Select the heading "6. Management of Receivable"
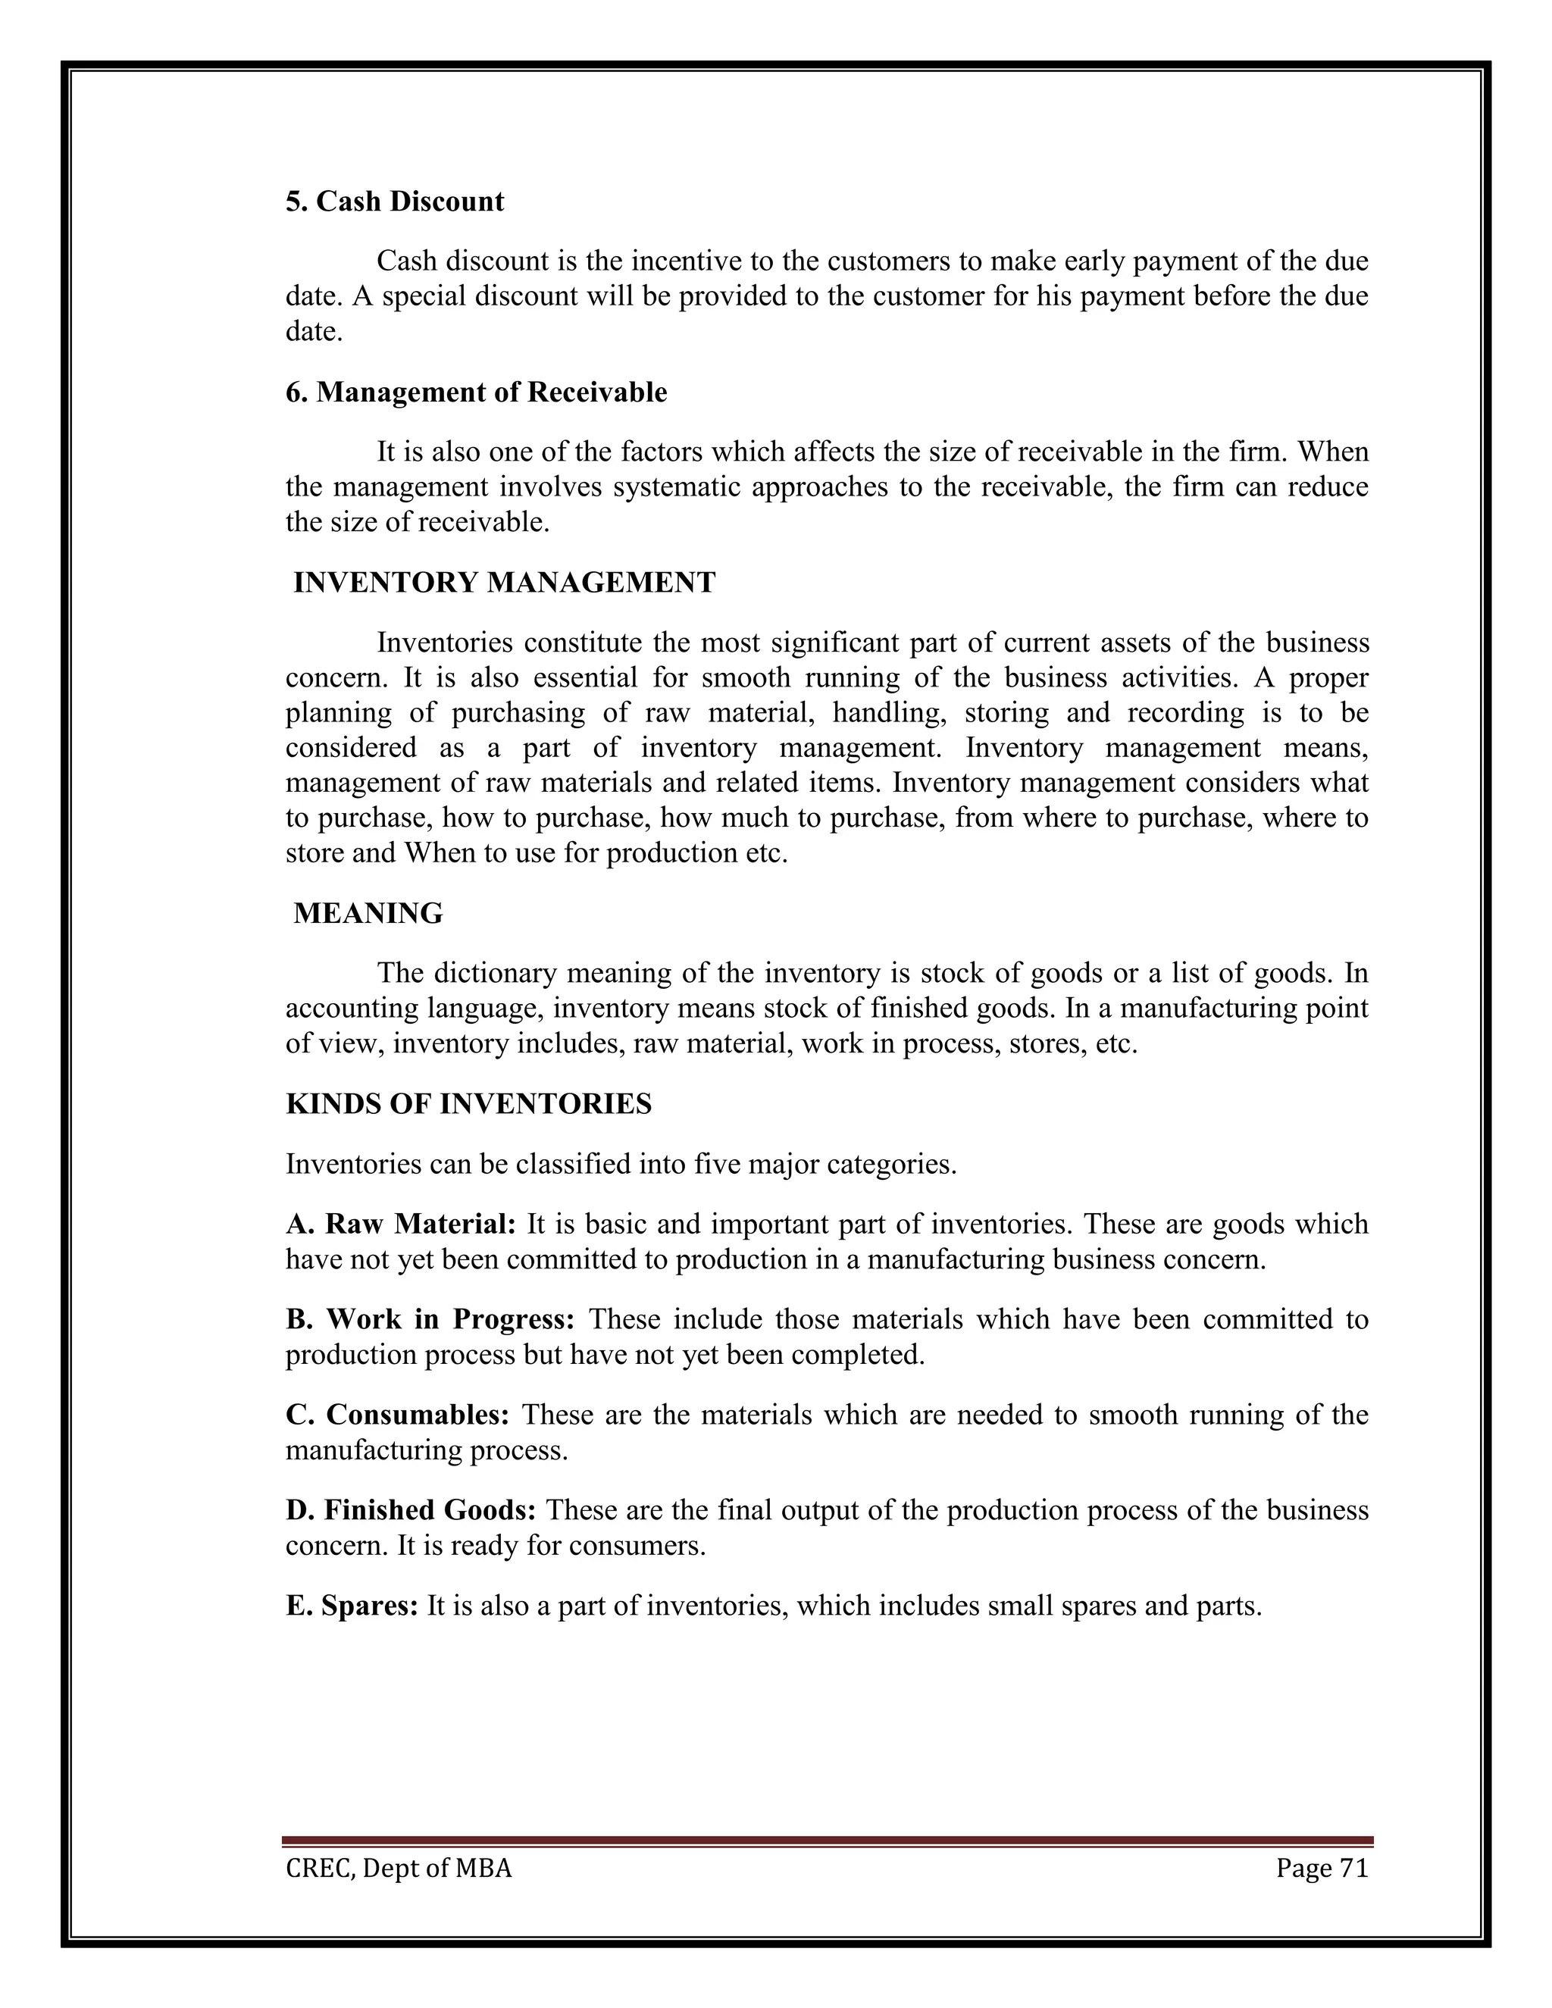pos(476,393)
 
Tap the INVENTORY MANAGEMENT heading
pos(504,583)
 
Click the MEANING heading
pos(368,913)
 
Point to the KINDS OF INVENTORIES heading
pos(469,1103)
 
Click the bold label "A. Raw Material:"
pos(401,1224)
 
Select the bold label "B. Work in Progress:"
pos(430,1319)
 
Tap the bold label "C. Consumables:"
pos(397,1414)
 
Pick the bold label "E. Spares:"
pos(352,1606)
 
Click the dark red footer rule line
pos(828,1841)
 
